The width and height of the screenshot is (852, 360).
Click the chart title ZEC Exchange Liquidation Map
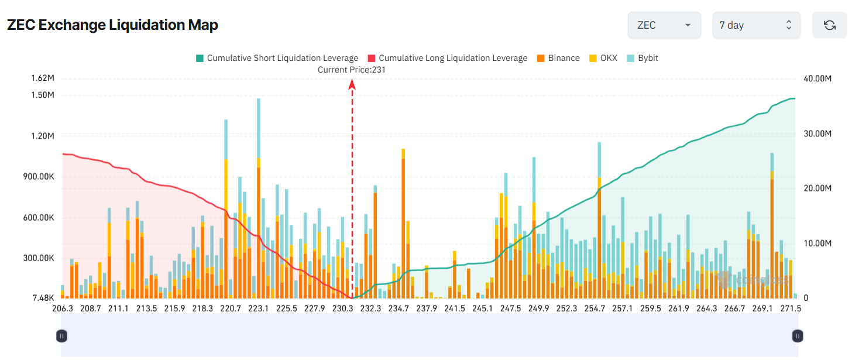(x=112, y=25)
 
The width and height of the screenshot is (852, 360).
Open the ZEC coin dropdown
(x=664, y=25)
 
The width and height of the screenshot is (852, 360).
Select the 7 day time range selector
(x=755, y=25)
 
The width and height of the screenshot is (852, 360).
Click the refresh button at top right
(x=829, y=25)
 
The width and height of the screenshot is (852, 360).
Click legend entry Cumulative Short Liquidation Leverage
(x=276, y=58)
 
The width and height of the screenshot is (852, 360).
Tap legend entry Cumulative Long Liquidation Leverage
(x=447, y=58)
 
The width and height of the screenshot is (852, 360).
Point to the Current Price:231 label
(x=352, y=70)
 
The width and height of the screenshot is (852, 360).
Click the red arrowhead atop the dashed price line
(x=352, y=85)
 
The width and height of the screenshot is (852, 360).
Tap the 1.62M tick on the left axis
(x=43, y=78)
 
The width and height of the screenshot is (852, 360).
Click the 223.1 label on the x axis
(x=259, y=308)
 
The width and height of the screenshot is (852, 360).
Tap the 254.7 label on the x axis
(x=595, y=308)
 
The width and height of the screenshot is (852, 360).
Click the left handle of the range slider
(x=61, y=335)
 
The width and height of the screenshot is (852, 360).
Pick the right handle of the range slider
(x=797, y=335)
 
